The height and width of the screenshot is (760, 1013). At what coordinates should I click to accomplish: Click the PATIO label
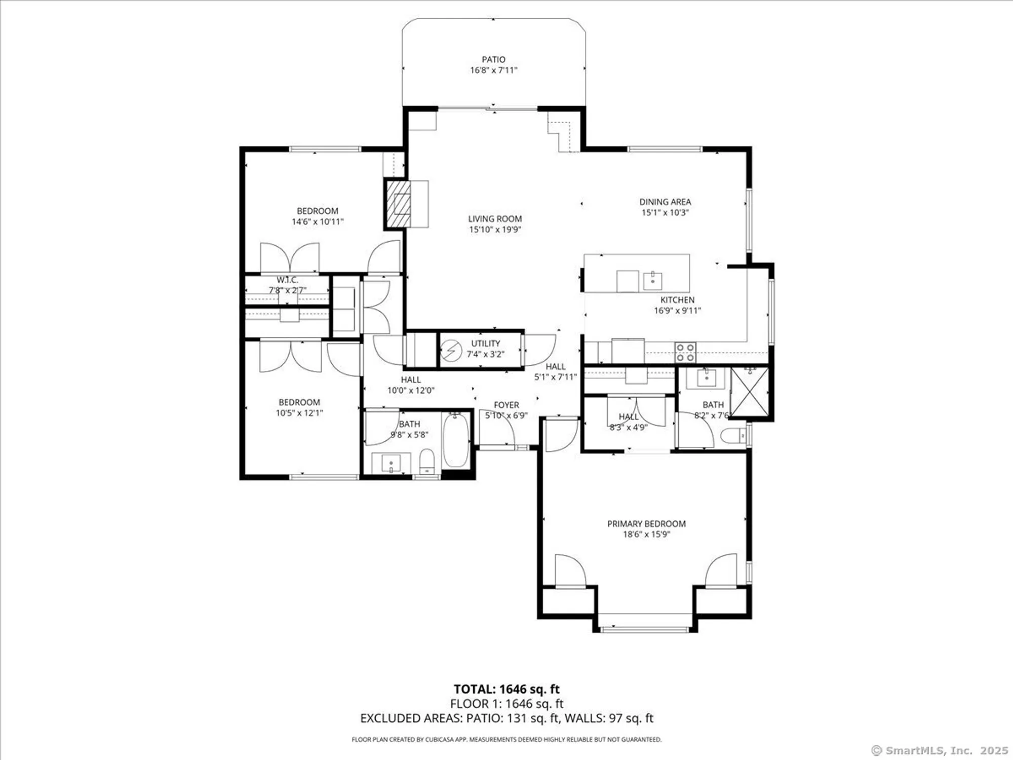pyautogui.click(x=493, y=59)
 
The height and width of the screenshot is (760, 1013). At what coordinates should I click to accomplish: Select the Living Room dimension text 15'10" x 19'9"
pyautogui.click(x=495, y=230)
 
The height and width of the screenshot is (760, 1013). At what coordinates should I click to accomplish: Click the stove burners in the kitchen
pyautogui.click(x=685, y=352)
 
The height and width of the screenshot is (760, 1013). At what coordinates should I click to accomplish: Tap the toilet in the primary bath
pyautogui.click(x=733, y=436)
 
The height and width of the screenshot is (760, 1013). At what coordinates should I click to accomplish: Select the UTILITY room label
pyautogui.click(x=485, y=343)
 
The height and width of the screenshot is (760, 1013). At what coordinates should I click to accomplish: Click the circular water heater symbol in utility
pyautogui.click(x=449, y=350)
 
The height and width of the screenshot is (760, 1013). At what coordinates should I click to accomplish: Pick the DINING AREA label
pyautogui.click(x=665, y=202)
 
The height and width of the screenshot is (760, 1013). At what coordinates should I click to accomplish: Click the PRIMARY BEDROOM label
pyautogui.click(x=646, y=523)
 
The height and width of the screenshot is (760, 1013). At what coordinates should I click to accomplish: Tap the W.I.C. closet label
pyautogui.click(x=287, y=280)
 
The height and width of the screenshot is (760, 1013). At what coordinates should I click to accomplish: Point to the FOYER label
pyautogui.click(x=506, y=405)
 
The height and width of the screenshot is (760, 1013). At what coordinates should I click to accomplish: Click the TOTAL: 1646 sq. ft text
pyautogui.click(x=506, y=689)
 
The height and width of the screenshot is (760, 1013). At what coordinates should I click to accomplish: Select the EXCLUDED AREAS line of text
pyautogui.click(x=506, y=718)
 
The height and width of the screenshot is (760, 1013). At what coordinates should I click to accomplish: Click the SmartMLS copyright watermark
pyautogui.click(x=940, y=750)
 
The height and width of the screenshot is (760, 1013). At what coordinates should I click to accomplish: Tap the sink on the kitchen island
pyautogui.click(x=653, y=279)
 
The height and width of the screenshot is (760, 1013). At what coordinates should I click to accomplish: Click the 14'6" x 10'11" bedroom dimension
pyautogui.click(x=318, y=221)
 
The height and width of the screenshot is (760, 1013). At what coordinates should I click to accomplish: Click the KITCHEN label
pyautogui.click(x=677, y=300)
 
